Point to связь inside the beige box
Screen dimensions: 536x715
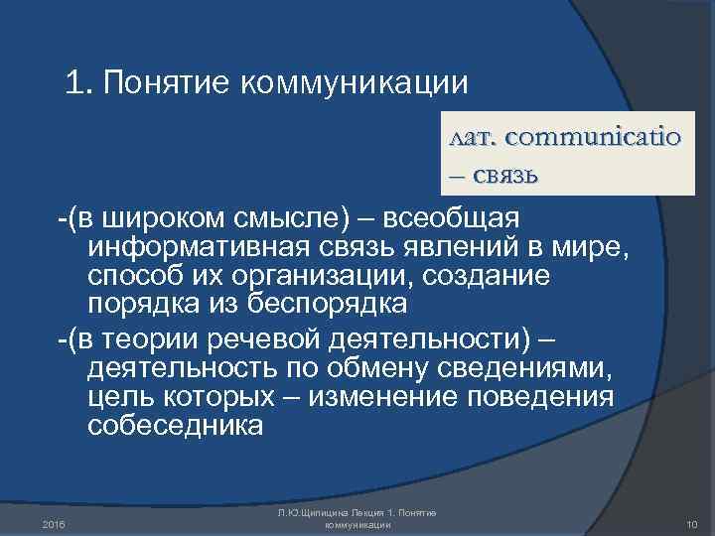click(502, 177)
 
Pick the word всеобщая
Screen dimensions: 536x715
click(460, 216)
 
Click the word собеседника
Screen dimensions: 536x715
click(176, 426)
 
